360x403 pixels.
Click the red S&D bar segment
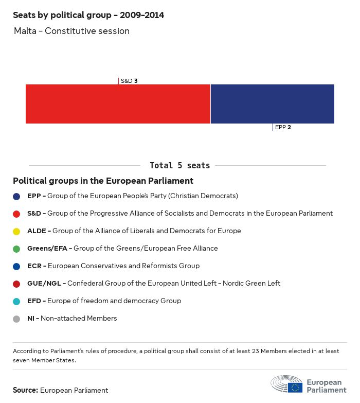tap(118, 104)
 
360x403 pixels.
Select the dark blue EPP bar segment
tap(272, 104)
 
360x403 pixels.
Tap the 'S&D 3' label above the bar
tap(129, 81)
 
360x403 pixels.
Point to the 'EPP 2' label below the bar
tap(283, 127)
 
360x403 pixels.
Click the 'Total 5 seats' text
tap(179, 166)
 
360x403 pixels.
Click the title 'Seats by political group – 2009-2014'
tap(88, 15)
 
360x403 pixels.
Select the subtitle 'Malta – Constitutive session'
tap(71, 31)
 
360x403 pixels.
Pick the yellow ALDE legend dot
tap(16, 231)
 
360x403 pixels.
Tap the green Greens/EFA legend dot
tap(16, 249)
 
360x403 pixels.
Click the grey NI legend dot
tap(16, 319)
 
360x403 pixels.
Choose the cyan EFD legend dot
tap(16, 301)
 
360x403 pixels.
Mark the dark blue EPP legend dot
tap(16, 196)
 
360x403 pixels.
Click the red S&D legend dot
tap(16, 214)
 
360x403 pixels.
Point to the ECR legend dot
tap(16, 266)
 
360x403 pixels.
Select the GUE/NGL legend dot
tap(16, 284)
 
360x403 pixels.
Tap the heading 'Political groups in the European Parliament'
tap(103, 181)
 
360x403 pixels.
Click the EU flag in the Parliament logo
tap(295, 388)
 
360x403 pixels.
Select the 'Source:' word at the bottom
tap(25, 390)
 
